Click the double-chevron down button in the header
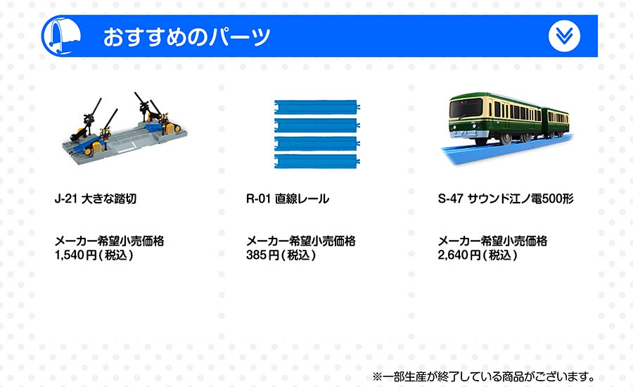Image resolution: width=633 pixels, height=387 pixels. [x=564, y=36]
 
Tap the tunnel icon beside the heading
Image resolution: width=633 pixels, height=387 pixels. [x=63, y=37]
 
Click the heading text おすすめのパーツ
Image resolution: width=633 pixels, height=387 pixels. [x=186, y=37]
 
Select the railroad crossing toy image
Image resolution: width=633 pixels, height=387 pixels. [x=124, y=129]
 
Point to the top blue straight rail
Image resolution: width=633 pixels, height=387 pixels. [x=317, y=107]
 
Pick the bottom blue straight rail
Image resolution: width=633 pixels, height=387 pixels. [x=317, y=160]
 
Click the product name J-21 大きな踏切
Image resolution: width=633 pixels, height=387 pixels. [x=95, y=198]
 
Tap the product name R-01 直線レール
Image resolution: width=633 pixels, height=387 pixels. [x=288, y=198]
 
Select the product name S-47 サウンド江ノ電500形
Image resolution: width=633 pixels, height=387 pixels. [x=506, y=198]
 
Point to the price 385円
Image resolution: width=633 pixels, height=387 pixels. [x=262, y=255]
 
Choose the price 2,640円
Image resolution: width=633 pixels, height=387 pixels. [x=459, y=255]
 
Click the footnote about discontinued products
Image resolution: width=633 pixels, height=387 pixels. [x=483, y=377]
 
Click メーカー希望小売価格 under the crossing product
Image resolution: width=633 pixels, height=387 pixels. [x=109, y=241]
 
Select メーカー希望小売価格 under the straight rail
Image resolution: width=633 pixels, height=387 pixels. [x=301, y=241]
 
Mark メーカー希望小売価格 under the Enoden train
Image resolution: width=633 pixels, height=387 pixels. [x=492, y=241]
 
